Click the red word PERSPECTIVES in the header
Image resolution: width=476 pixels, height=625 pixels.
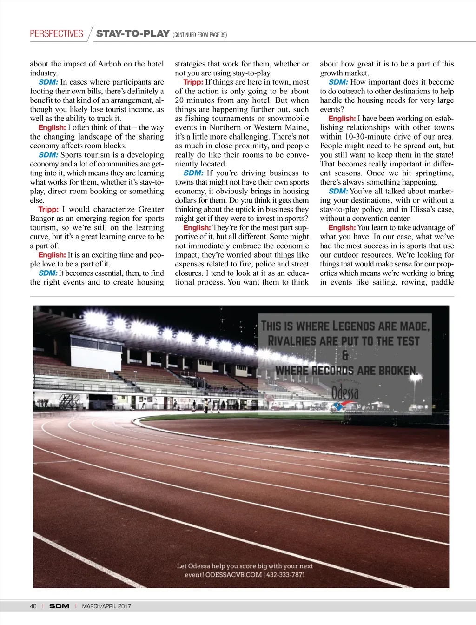click(56, 34)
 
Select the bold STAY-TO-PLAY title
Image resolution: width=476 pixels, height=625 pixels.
click(132, 33)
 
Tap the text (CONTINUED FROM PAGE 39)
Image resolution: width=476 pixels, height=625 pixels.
click(199, 35)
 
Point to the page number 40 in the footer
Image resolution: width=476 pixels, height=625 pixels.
click(33, 606)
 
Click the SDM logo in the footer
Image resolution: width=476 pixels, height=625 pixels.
click(59, 606)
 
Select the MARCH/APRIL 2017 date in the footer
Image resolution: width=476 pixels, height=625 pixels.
click(106, 606)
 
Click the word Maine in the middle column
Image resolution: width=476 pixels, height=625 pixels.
click(297, 128)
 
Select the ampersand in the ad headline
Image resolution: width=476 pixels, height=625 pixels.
click(345, 356)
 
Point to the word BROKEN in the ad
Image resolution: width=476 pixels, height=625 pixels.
click(397, 371)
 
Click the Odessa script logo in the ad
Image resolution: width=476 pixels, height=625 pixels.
click(345, 393)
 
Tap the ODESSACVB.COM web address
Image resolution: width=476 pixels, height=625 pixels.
click(233, 575)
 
